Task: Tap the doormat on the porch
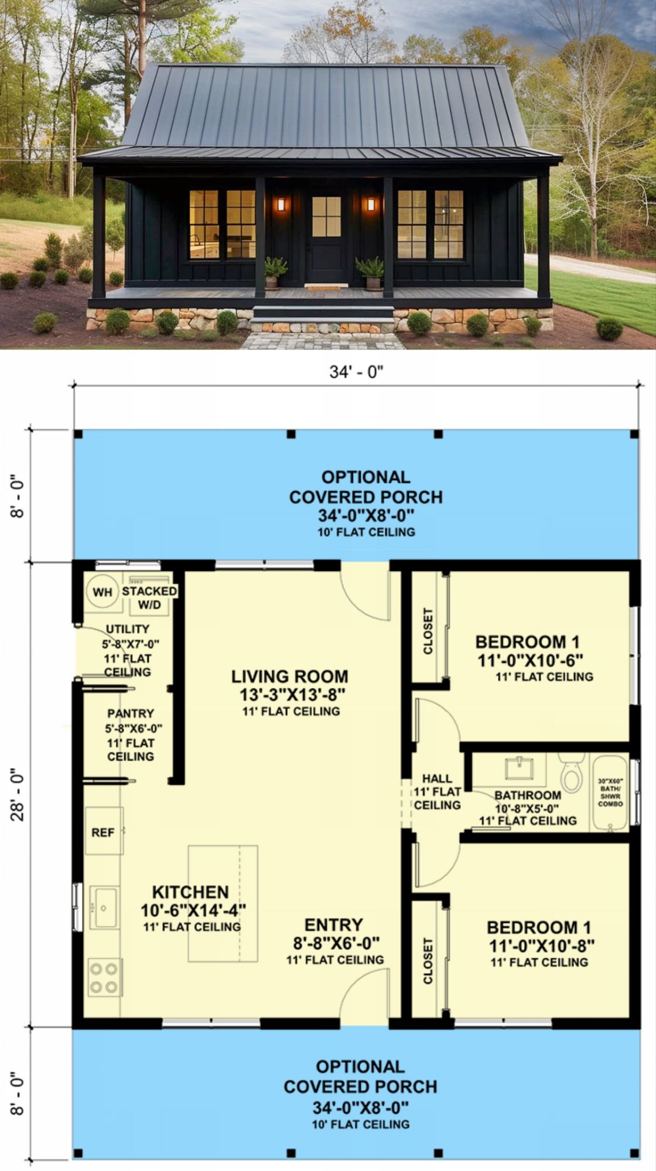[x=326, y=286]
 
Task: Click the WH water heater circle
[x=102, y=592]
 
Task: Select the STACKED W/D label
[x=149, y=598]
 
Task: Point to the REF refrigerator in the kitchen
[x=104, y=831]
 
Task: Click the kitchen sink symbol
[x=104, y=908]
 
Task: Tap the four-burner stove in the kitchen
[x=105, y=977]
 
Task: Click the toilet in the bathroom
[x=572, y=772]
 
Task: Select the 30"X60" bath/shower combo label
[x=610, y=792]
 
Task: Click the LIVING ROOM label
[x=290, y=677]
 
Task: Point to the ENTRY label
[x=334, y=925]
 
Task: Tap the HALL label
[x=438, y=779]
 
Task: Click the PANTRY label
[x=131, y=714]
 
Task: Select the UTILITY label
[x=128, y=629]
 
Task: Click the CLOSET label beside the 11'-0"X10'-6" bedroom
[x=428, y=631]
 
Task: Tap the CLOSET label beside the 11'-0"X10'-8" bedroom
[x=428, y=961]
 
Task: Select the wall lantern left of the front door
[x=281, y=204]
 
